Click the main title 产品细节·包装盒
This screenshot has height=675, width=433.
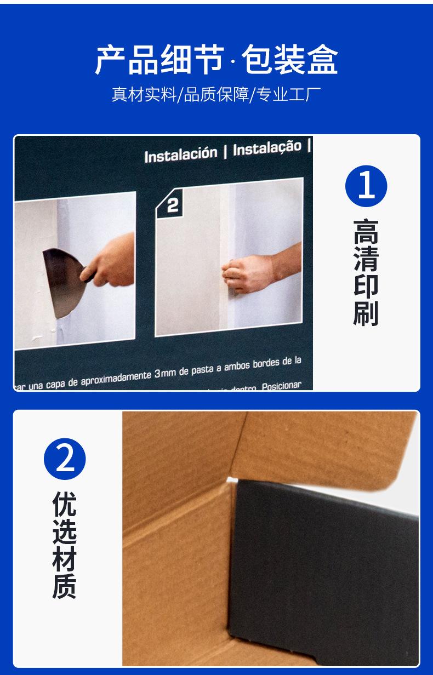pos(216,60)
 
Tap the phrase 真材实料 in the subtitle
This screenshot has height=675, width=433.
pos(144,94)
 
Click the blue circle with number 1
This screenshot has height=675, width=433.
pos(366,186)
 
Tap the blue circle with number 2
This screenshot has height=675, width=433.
pos(65,459)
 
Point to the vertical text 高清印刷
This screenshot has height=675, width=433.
pos(366,272)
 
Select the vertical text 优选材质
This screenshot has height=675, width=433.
pos(65,545)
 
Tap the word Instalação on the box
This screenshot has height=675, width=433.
pos(267,148)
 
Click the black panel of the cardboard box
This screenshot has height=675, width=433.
pos(323,564)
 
